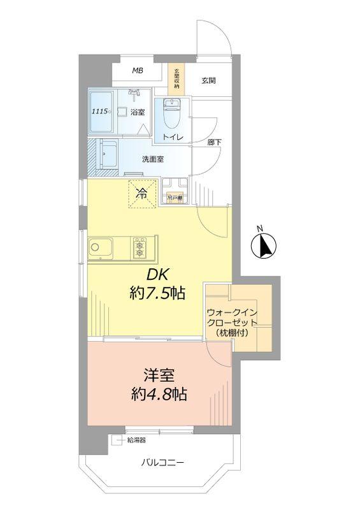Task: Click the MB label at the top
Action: click(x=138, y=70)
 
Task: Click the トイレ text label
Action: click(x=173, y=138)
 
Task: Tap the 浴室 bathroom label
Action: click(x=138, y=113)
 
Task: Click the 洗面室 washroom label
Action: click(x=152, y=159)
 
